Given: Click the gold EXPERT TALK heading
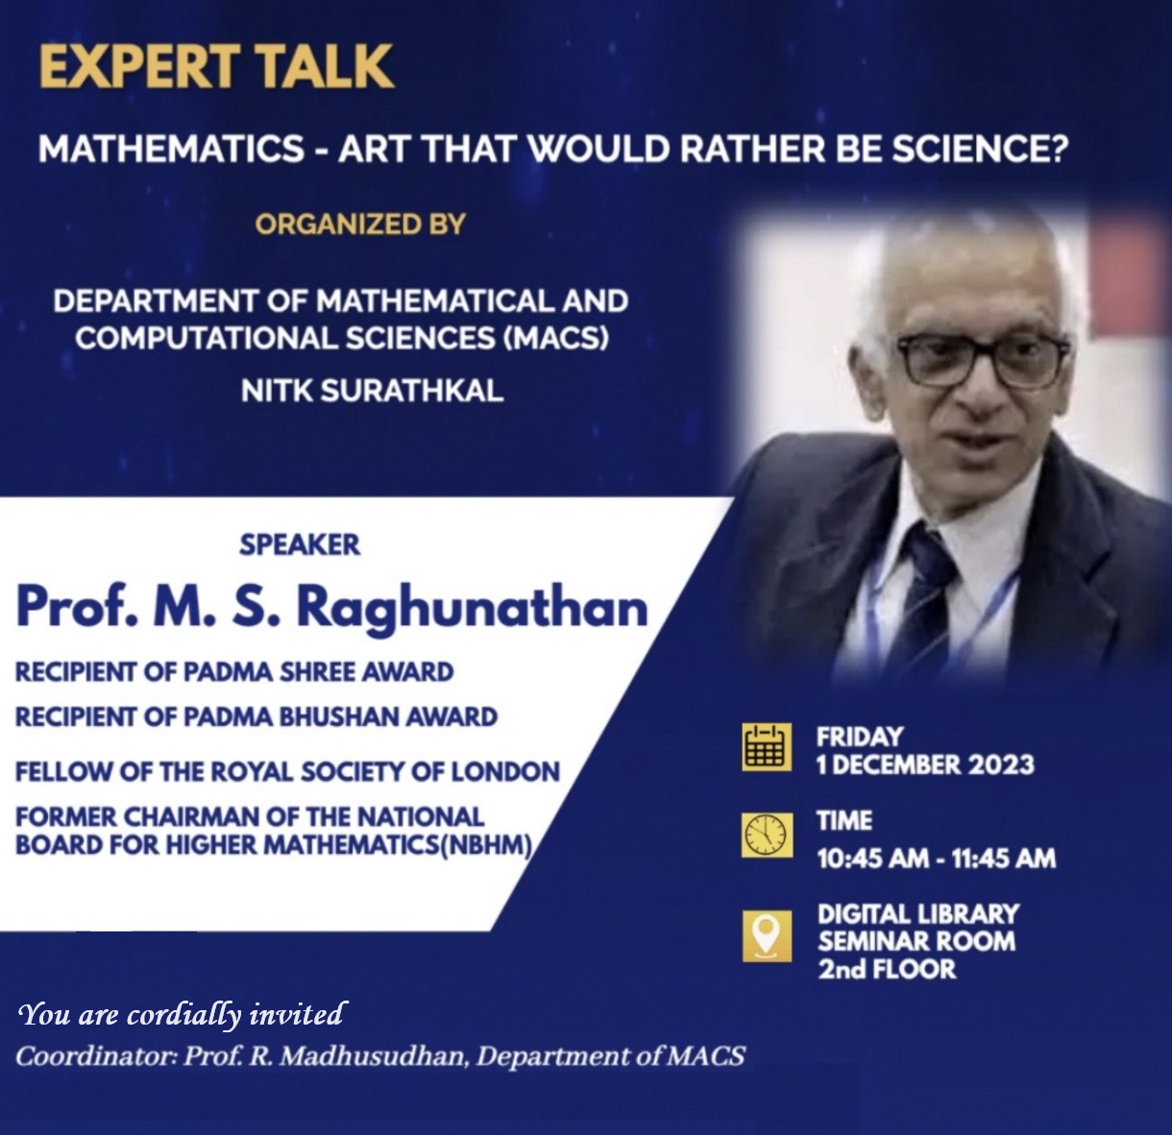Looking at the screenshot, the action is pyautogui.click(x=217, y=67).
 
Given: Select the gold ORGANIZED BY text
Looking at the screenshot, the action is pyautogui.click(x=360, y=225).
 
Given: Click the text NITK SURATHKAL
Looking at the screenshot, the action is pyautogui.click(x=372, y=392).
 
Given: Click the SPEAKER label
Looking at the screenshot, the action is pyautogui.click(x=300, y=544).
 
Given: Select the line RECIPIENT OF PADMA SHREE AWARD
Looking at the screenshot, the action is pyautogui.click(x=234, y=672).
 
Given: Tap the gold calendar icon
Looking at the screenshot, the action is pyautogui.click(x=766, y=748).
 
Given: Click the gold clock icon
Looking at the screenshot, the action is pyautogui.click(x=766, y=835).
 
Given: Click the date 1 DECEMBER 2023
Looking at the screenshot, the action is pyautogui.click(x=925, y=765).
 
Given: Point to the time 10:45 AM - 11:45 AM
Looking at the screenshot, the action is pyautogui.click(x=937, y=858).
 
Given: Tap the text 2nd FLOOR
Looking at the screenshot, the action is pyautogui.click(x=887, y=970).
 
